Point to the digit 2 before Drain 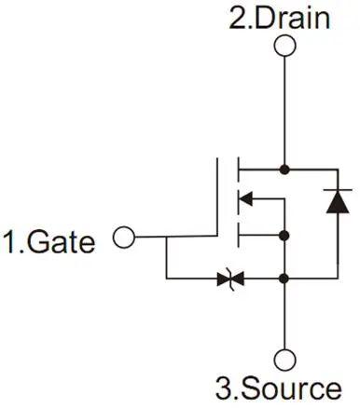coord(238,18)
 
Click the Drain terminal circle coord(284,48)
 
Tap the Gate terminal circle coord(123,238)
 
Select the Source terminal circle coord(284,358)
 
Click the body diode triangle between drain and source coord(337,202)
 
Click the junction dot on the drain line coord(284,170)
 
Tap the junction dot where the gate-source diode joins coord(284,278)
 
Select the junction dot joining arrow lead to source coord(284,235)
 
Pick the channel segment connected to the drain coord(240,170)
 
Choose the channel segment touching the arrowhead coord(240,197)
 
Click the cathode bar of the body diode coord(337,190)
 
